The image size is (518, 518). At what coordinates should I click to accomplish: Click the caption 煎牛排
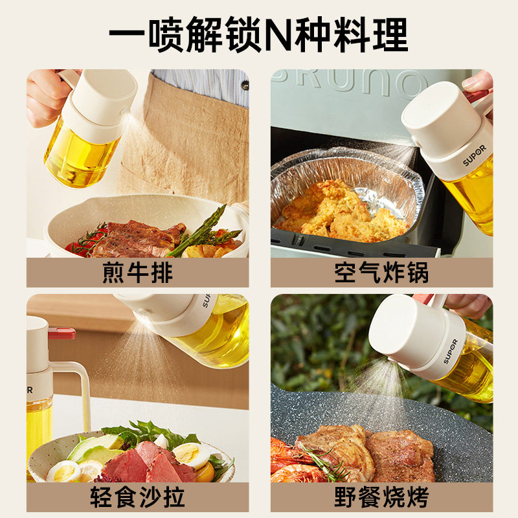137,273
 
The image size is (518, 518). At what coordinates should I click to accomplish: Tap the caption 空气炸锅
381,273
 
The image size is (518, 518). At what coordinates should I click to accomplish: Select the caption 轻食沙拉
137,497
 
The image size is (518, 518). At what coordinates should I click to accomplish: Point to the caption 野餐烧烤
381,497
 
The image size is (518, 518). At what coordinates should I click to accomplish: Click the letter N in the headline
278,35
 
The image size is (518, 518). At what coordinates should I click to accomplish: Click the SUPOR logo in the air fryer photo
475,155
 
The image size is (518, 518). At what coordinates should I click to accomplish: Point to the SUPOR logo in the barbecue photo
451,351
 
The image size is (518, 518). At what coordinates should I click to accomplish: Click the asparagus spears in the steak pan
204,231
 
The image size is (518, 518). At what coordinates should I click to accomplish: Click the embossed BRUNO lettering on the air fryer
347,81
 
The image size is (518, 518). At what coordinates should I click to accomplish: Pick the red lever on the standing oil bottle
62,333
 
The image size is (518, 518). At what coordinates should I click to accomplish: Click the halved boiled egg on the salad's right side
191,455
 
